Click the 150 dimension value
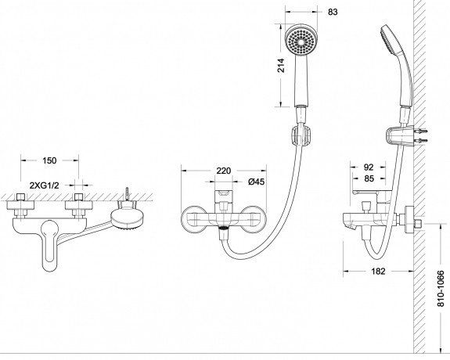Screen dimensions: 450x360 click(49, 160)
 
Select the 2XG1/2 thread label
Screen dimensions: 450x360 click(44, 185)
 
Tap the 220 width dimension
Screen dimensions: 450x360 click(224, 171)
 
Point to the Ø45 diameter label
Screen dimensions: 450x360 click(256, 182)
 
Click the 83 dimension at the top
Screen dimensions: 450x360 click(333, 12)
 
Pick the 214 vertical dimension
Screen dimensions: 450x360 click(282, 65)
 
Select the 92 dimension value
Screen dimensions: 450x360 click(369, 167)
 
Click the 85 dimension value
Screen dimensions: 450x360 click(369, 178)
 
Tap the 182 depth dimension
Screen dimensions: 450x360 click(378, 271)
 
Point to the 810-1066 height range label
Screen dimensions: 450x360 click(441, 288)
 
